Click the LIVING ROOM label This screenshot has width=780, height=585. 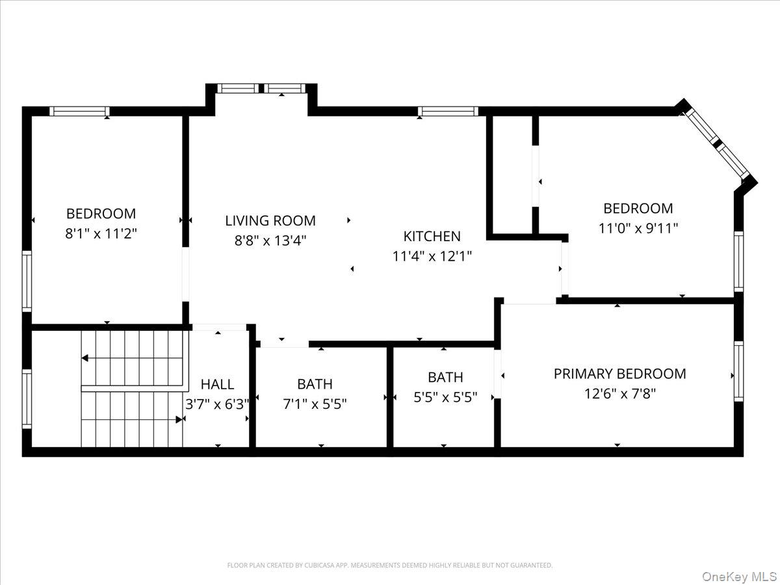click(x=270, y=220)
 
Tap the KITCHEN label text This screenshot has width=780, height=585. click(x=432, y=236)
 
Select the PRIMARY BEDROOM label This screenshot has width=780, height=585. click(x=619, y=374)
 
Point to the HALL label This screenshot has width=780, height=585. click(x=217, y=384)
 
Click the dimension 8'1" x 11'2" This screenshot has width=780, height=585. click(x=101, y=233)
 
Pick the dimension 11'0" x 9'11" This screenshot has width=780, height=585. click(x=638, y=228)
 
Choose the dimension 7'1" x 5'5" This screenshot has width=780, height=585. click(x=315, y=404)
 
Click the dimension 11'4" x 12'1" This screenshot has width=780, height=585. click(x=432, y=256)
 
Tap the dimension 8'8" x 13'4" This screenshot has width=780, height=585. click(x=270, y=240)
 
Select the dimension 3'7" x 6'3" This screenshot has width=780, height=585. click(x=217, y=404)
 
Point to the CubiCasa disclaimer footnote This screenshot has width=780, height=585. click(x=390, y=565)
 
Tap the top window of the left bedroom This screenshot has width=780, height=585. click(x=79, y=110)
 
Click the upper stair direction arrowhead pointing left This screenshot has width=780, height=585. click(x=85, y=358)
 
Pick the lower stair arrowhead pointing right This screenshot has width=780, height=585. click(x=179, y=420)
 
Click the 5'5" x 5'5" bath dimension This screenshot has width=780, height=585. click(x=445, y=397)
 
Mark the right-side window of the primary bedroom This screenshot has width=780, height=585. click(x=738, y=371)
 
